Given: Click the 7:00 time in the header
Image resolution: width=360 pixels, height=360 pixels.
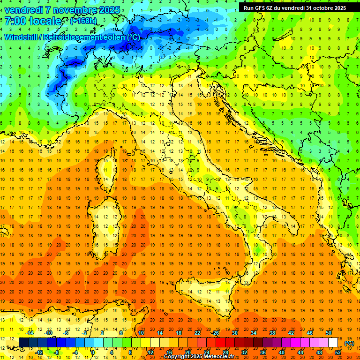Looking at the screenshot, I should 15,22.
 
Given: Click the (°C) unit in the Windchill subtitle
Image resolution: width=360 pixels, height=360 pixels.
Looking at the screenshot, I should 133,37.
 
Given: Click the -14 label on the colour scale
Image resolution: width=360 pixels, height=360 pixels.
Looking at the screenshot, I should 29,333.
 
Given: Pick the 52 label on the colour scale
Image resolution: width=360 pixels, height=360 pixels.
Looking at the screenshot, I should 338,352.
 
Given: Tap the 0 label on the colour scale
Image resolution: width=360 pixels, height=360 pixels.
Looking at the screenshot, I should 92,352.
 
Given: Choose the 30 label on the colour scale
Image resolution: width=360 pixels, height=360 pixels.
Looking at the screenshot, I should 234,333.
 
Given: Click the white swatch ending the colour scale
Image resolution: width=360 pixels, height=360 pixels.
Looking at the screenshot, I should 333,342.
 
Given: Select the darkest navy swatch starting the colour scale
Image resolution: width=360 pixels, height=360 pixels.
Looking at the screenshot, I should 23,342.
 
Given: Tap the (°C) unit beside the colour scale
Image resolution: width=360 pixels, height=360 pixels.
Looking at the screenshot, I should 349,343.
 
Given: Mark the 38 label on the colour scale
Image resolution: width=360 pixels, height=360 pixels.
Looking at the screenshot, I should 272,333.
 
